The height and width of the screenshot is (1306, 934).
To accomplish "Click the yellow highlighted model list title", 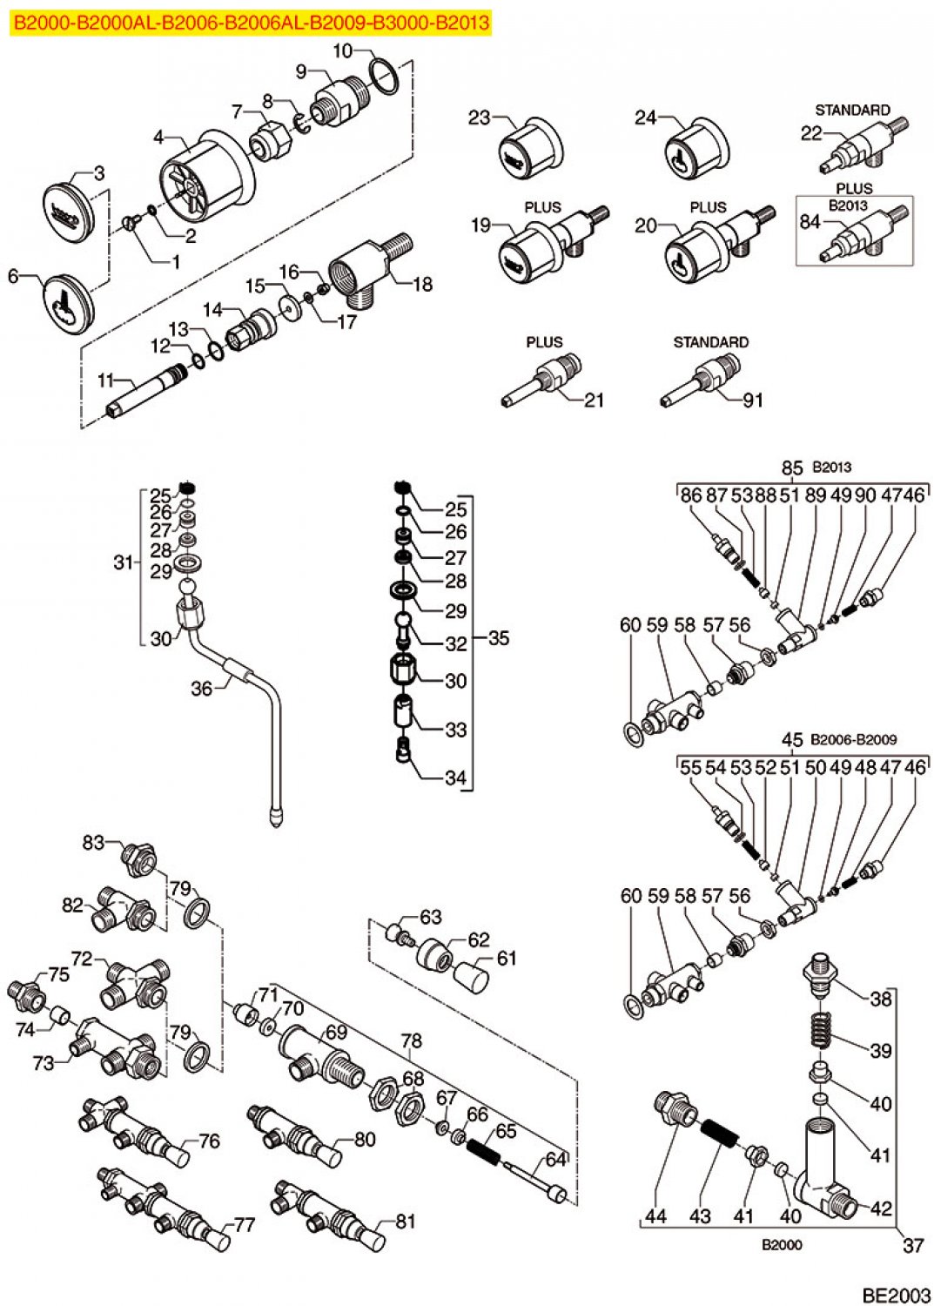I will click(x=252, y=23).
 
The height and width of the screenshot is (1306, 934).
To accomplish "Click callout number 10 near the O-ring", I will click(x=342, y=51).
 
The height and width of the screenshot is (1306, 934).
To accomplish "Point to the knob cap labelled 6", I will click(x=67, y=303).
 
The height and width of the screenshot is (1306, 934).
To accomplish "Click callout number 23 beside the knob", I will click(x=479, y=118).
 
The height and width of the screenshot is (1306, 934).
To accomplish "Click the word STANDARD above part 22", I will click(x=852, y=111).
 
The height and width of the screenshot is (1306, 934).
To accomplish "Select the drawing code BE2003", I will click(x=896, y=1295).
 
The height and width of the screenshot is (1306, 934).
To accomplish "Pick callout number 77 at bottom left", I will click(x=245, y=1224).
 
